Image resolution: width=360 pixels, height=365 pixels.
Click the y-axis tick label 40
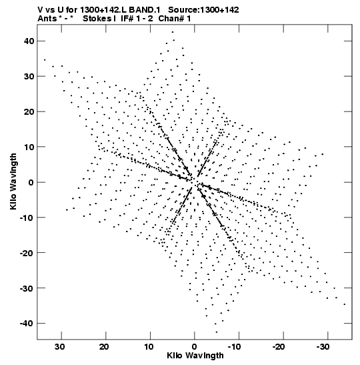click(x=29, y=41)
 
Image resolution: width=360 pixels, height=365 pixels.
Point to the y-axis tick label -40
click(x=27, y=324)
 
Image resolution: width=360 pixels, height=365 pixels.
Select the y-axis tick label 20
click(x=29, y=111)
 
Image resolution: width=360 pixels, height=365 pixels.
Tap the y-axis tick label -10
click(x=27, y=218)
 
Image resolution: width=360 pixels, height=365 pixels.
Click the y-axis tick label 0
click(x=31, y=182)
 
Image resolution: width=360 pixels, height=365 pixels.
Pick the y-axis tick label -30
click(x=27, y=288)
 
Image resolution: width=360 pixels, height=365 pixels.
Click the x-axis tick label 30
click(x=60, y=347)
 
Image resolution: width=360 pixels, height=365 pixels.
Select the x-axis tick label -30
click(x=323, y=347)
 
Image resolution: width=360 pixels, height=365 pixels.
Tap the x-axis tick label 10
click(x=149, y=347)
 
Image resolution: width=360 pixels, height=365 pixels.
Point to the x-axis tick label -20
click(x=279, y=347)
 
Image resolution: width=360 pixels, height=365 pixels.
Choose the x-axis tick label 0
click(x=194, y=347)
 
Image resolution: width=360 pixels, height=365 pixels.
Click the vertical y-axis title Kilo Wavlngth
click(x=13, y=181)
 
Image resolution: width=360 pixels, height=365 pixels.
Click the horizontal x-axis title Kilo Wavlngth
click(x=195, y=356)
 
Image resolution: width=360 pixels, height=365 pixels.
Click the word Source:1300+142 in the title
click(x=203, y=10)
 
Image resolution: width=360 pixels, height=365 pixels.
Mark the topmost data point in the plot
click(x=173, y=32)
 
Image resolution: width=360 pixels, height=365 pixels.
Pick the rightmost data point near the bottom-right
click(x=345, y=304)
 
